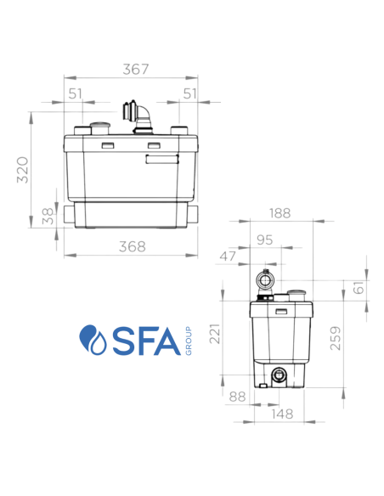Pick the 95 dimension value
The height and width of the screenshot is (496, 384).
coord(265,240)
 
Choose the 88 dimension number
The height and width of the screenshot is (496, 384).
coord(238,395)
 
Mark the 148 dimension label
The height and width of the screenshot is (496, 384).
coord(282,414)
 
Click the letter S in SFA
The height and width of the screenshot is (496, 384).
coord(119,340)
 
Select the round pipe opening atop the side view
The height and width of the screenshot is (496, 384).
coord(266,279)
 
